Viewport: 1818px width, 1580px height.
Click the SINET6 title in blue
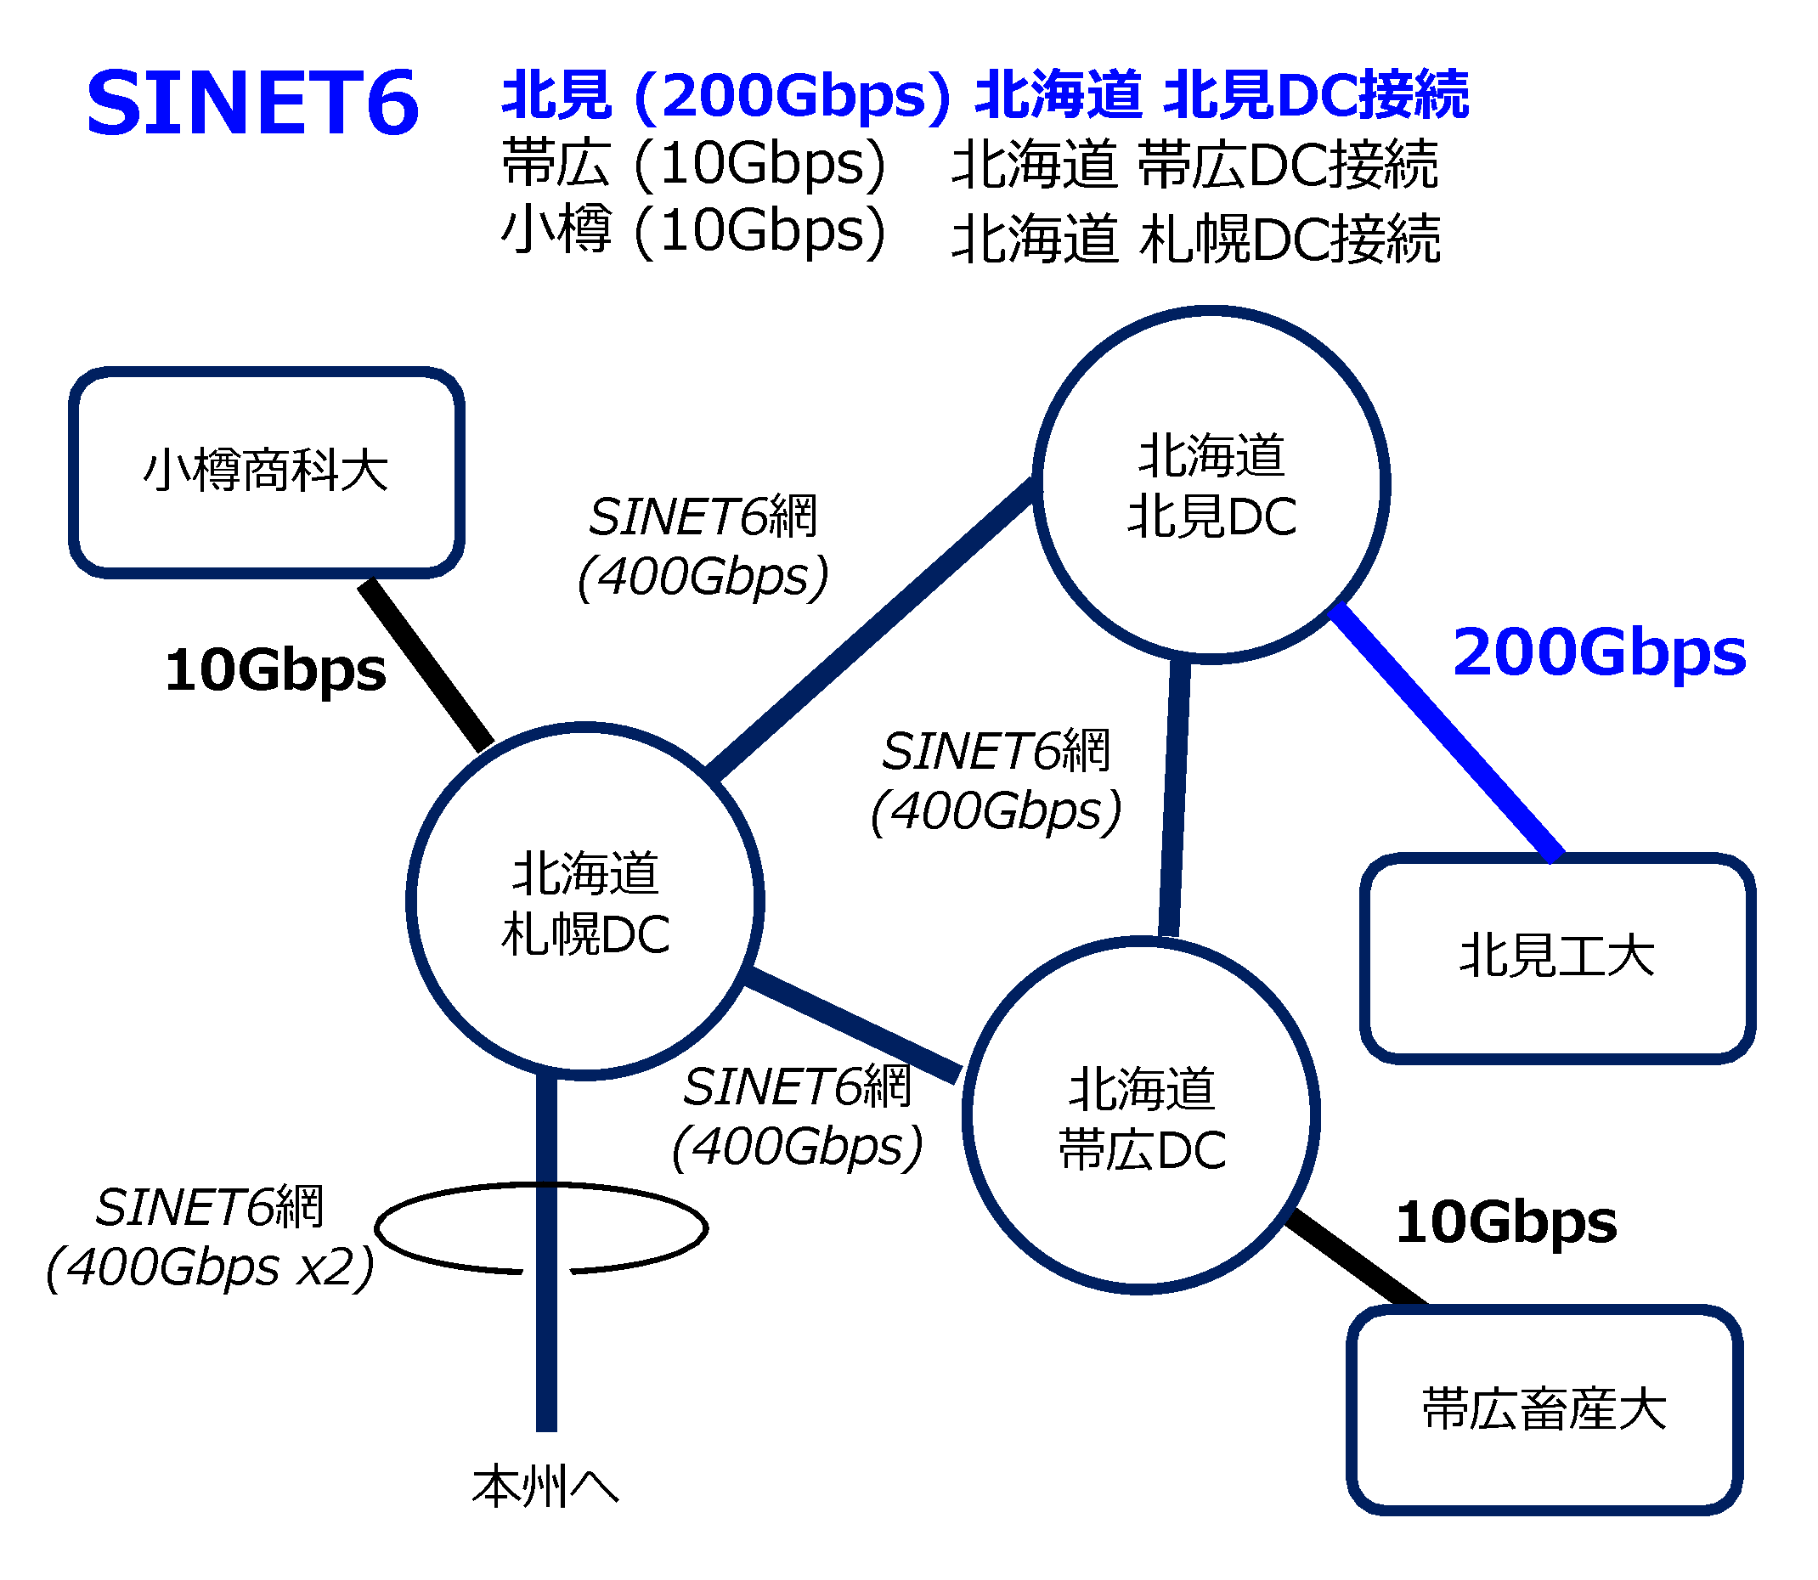pos(252,103)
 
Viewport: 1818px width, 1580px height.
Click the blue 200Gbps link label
pos(1600,653)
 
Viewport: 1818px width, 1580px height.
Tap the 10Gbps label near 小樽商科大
pos(275,671)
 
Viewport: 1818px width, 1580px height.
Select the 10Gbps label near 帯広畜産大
pos(1506,1223)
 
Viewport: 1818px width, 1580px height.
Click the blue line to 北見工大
pos(1446,731)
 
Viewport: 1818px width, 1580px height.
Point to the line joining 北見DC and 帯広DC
pos(1174,798)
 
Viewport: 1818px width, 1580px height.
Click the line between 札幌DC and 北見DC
pos(870,629)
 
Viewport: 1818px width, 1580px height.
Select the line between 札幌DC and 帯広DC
pos(853,1025)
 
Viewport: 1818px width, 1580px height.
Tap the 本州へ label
pos(545,1487)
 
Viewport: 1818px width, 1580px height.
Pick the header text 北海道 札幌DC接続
pos(1195,239)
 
